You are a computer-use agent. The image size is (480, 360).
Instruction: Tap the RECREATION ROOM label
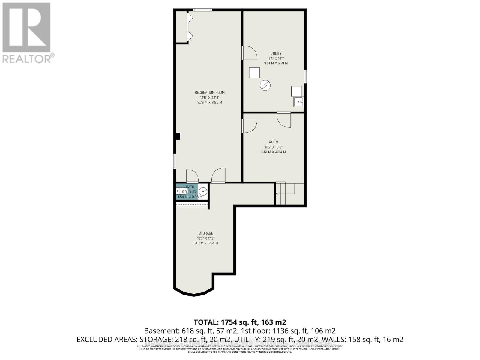pos(210,92)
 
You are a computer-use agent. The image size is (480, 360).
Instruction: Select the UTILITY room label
pos(276,53)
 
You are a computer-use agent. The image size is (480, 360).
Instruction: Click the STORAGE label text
pos(206,233)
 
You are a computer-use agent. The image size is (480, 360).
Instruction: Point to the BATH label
pos(190,187)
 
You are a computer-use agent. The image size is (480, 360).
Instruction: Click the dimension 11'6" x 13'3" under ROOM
pos(273,147)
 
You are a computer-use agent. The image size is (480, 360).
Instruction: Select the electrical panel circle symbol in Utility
pos(265,85)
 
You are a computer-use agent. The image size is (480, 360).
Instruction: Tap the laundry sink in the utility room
pos(298,102)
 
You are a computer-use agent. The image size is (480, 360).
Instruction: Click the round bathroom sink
pos(203,191)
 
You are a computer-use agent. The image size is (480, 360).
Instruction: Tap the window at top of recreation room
pos(202,10)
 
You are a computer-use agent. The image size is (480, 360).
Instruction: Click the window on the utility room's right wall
pos(305,76)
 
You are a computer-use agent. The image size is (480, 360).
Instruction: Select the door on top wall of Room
pos(284,119)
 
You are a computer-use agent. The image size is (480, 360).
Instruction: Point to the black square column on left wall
pos(178,136)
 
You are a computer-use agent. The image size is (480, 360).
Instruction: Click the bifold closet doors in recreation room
pos(190,27)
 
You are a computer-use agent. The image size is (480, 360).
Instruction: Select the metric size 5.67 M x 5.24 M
pos(206,243)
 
